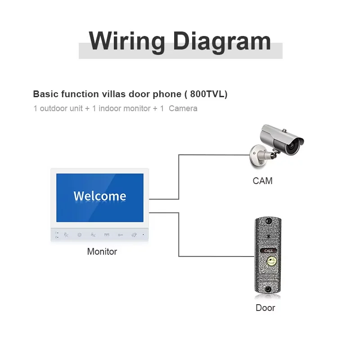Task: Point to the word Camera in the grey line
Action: click(x=183, y=108)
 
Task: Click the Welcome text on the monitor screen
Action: click(x=100, y=196)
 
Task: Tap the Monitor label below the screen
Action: click(x=102, y=252)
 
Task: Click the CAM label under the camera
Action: click(x=263, y=181)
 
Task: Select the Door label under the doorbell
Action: click(x=265, y=308)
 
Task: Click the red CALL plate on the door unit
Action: click(x=269, y=251)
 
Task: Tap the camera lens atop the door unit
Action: click(x=269, y=221)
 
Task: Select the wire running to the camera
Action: click(x=179, y=175)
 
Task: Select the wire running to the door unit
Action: click(x=179, y=234)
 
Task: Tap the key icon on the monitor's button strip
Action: click(x=120, y=234)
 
